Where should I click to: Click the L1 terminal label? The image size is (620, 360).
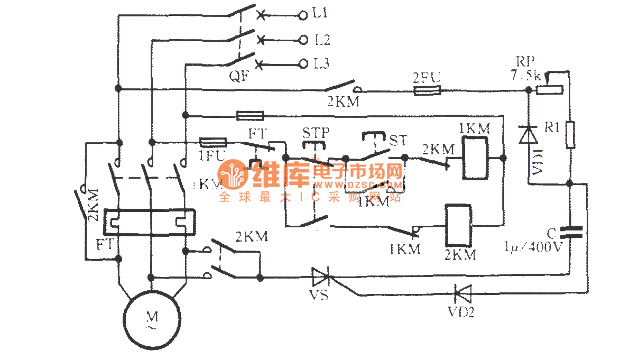[x=321, y=14]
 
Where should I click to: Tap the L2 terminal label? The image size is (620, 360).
[x=321, y=39]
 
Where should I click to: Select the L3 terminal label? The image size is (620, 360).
[x=321, y=64]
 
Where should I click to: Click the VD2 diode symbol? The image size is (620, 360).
[x=460, y=292]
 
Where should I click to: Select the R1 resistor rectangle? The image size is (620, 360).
[x=570, y=134]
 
